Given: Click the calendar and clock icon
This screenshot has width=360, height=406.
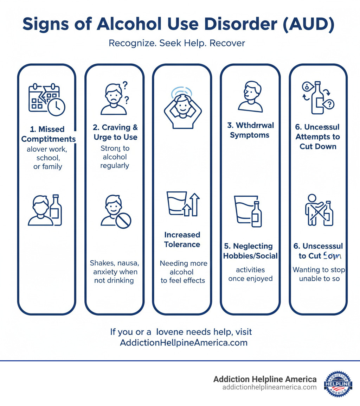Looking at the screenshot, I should [x=46, y=100].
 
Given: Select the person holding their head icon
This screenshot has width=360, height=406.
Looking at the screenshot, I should [x=182, y=107].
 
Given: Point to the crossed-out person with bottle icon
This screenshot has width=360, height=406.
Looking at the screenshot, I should [x=319, y=210].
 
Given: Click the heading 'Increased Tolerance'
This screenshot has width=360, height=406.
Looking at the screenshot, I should [x=182, y=240].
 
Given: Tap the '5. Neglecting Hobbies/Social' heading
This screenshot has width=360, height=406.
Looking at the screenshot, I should [x=250, y=251].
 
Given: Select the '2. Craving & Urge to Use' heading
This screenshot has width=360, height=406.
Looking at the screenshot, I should [x=115, y=132].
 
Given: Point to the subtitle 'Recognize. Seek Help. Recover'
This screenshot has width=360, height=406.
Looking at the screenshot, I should [x=177, y=43].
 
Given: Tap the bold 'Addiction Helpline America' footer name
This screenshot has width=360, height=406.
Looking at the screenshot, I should [x=265, y=379].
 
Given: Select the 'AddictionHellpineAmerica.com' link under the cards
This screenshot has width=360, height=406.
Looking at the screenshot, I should [x=184, y=343].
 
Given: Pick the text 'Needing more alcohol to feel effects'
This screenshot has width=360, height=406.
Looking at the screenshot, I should [x=183, y=272].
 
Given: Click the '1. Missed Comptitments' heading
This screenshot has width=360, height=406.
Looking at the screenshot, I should [x=48, y=134].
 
